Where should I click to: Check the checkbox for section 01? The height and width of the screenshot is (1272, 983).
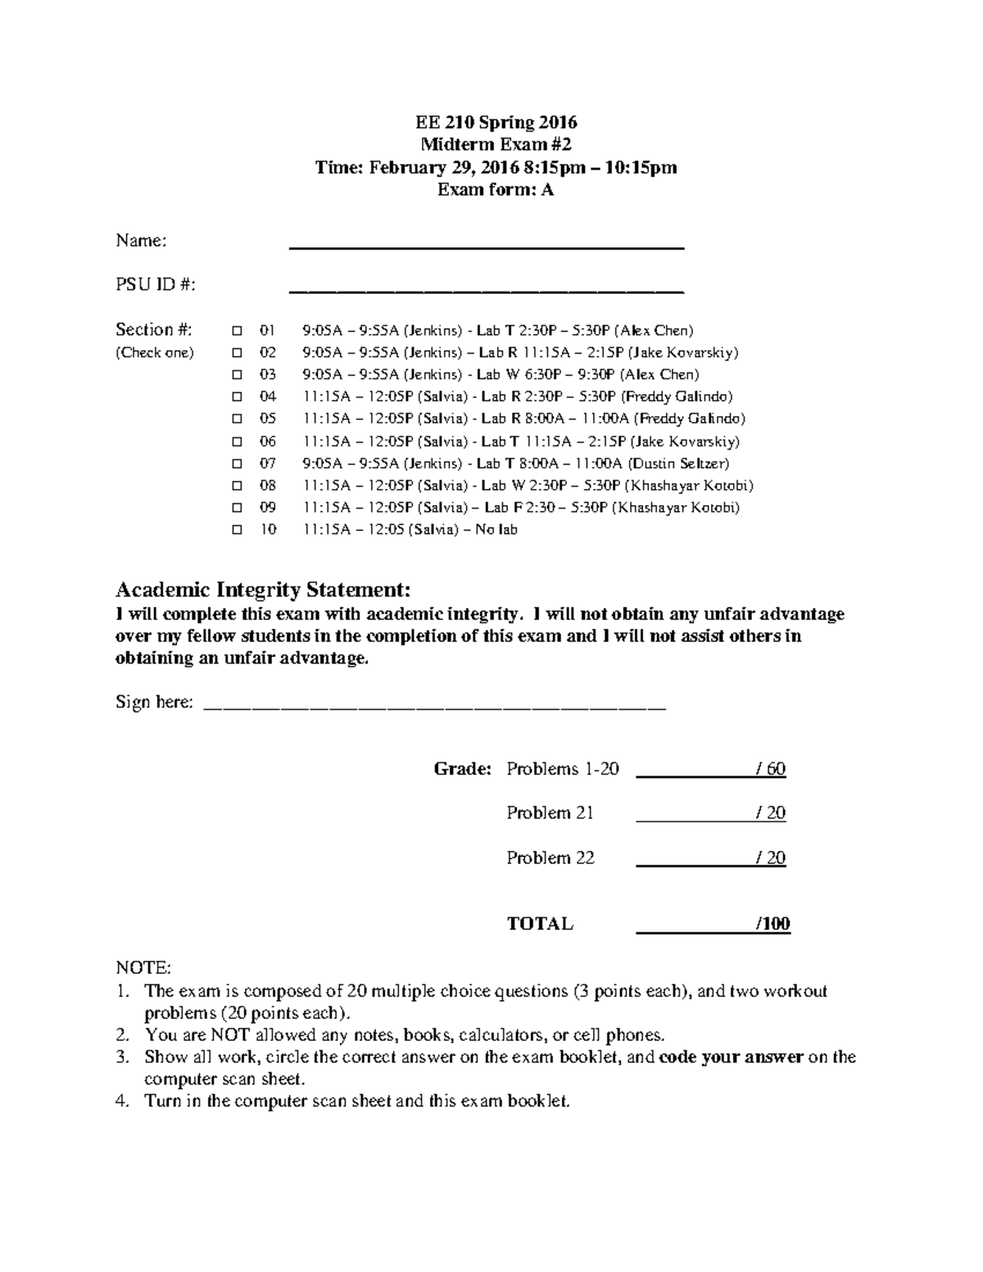[x=237, y=331]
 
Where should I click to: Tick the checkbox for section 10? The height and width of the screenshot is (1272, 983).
[x=237, y=530]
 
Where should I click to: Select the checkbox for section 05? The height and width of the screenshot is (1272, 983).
[x=237, y=419]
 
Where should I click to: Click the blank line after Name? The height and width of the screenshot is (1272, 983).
[x=487, y=244]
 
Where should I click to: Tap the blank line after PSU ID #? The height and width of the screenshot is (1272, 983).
[x=487, y=288]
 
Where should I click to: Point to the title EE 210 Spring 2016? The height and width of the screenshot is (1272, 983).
[x=496, y=123]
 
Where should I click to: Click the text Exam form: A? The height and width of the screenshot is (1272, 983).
[x=496, y=190]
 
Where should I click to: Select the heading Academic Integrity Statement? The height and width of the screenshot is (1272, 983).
[x=263, y=590]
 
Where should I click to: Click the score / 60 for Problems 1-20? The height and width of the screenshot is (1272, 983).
[x=771, y=769]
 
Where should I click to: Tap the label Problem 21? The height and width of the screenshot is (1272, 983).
[x=550, y=813]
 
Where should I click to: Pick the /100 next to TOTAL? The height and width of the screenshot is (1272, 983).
[x=772, y=925]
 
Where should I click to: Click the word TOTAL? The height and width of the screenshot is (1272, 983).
[x=540, y=925]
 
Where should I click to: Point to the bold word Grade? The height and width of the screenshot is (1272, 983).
[x=462, y=769]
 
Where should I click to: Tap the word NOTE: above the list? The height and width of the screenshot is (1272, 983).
[x=143, y=968]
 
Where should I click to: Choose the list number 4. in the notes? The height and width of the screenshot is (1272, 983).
[x=123, y=1102]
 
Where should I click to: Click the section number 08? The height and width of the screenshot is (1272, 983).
[x=268, y=486]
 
